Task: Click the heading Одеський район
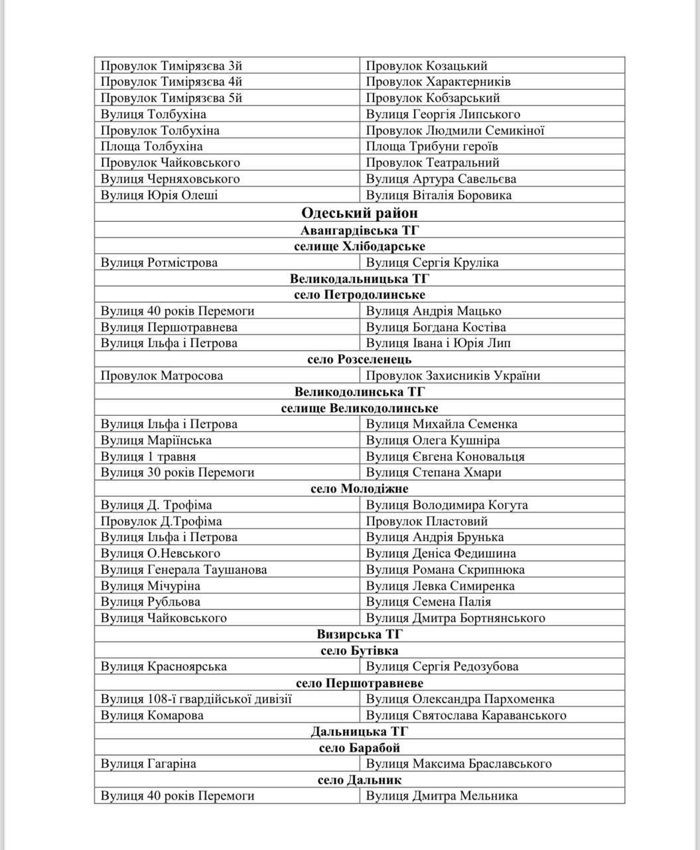pyautogui.click(x=359, y=212)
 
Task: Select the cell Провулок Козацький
pyautogui.click(x=427, y=66)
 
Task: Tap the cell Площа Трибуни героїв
pyautogui.click(x=432, y=147)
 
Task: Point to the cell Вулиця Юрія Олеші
pyautogui.click(x=159, y=195)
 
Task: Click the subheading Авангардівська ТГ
pyautogui.click(x=359, y=230)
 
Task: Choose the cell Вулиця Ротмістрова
pyautogui.click(x=159, y=262)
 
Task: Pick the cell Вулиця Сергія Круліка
pyautogui.click(x=432, y=262)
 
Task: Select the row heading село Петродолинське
pyautogui.click(x=359, y=295)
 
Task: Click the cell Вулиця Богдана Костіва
pyautogui.click(x=436, y=327)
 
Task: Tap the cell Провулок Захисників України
pyautogui.click(x=453, y=376)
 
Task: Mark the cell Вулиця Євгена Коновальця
pyautogui.click(x=445, y=457)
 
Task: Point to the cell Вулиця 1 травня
pyautogui.click(x=148, y=457)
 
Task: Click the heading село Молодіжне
pyautogui.click(x=359, y=489)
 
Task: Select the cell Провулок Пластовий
pyautogui.click(x=427, y=521)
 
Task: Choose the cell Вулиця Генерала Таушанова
pyautogui.click(x=184, y=570)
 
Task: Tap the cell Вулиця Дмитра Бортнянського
pyautogui.click(x=455, y=618)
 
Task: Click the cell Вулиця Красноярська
pyautogui.click(x=164, y=667)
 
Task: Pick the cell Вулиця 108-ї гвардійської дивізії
pyautogui.click(x=196, y=699)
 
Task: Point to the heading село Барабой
pyautogui.click(x=359, y=748)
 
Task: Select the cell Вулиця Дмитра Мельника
pyautogui.click(x=441, y=796)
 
